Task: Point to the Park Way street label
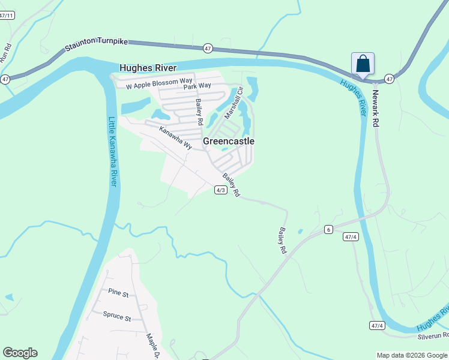(197, 86)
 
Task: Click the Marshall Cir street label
(233, 103)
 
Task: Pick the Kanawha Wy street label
(175, 137)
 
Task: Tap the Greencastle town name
(229, 141)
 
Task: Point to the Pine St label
(119, 293)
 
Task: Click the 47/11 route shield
(7, 16)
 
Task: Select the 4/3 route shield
(220, 190)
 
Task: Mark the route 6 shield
(328, 229)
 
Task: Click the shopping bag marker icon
(363, 63)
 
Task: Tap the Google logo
(20, 353)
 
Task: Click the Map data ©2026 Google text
(411, 355)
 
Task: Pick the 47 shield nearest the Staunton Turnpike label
(208, 48)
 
